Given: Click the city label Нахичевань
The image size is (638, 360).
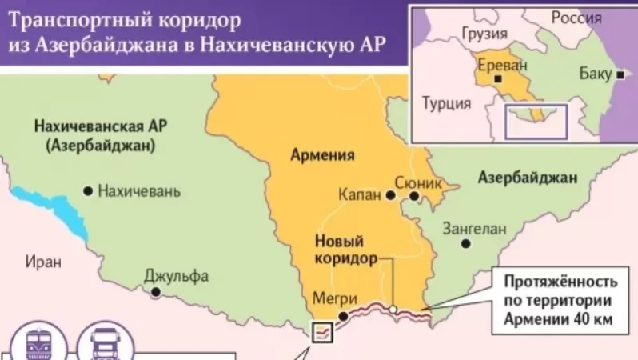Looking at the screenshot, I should point(139,192).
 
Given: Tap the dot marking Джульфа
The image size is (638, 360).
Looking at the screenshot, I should point(156,293).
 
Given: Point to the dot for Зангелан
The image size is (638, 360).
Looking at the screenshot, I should point(465,243).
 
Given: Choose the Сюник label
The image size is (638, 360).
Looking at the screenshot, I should point(424,182).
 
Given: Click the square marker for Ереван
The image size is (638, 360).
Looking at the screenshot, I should point(498,80).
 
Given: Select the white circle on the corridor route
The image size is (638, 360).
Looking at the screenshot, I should point(393,308).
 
